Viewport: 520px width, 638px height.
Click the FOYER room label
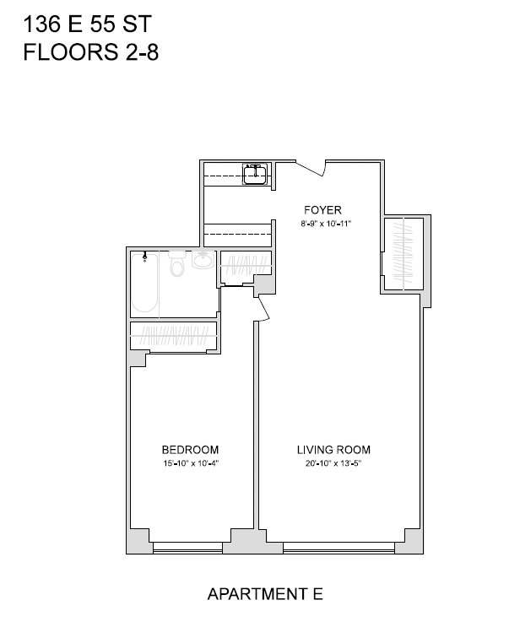[322, 210]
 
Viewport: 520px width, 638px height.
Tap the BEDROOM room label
[191, 450]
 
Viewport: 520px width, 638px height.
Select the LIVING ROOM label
[333, 450]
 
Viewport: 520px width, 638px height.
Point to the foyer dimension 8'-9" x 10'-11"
[326, 224]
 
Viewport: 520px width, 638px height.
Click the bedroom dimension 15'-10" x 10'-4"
[191, 463]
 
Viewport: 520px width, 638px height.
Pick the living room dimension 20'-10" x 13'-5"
[333, 463]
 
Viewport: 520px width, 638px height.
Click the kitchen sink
[255, 174]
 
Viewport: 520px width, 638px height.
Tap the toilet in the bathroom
[177, 263]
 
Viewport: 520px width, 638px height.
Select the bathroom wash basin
[203, 260]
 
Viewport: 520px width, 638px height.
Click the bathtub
[145, 283]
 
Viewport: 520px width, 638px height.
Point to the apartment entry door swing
[311, 169]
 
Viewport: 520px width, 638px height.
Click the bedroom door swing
[263, 309]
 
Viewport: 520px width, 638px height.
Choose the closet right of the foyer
[404, 254]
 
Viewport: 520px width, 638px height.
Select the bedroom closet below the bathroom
[173, 336]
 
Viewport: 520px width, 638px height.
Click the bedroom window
[187, 548]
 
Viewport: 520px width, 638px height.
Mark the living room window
[339, 548]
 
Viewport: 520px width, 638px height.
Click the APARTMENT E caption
[265, 594]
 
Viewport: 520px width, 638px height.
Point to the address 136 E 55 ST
[88, 24]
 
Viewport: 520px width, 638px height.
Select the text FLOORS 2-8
[90, 52]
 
